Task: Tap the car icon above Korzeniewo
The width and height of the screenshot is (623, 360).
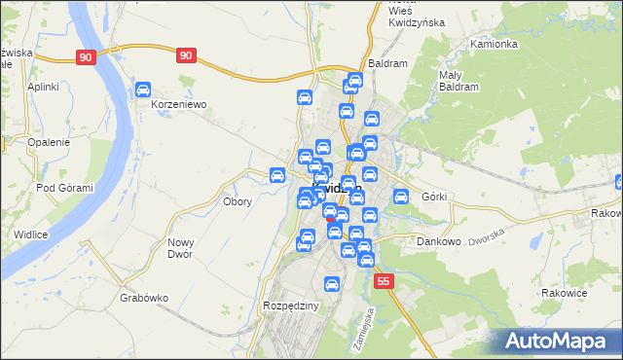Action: tap(143, 90)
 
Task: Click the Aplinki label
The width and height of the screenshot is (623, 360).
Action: tap(44, 87)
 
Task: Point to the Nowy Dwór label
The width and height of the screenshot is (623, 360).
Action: tap(180, 248)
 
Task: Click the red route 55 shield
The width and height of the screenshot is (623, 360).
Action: tap(385, 281)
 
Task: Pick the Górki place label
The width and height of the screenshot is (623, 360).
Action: tap(434, 197)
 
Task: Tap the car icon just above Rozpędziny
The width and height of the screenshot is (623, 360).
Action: tap(331, 285)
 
